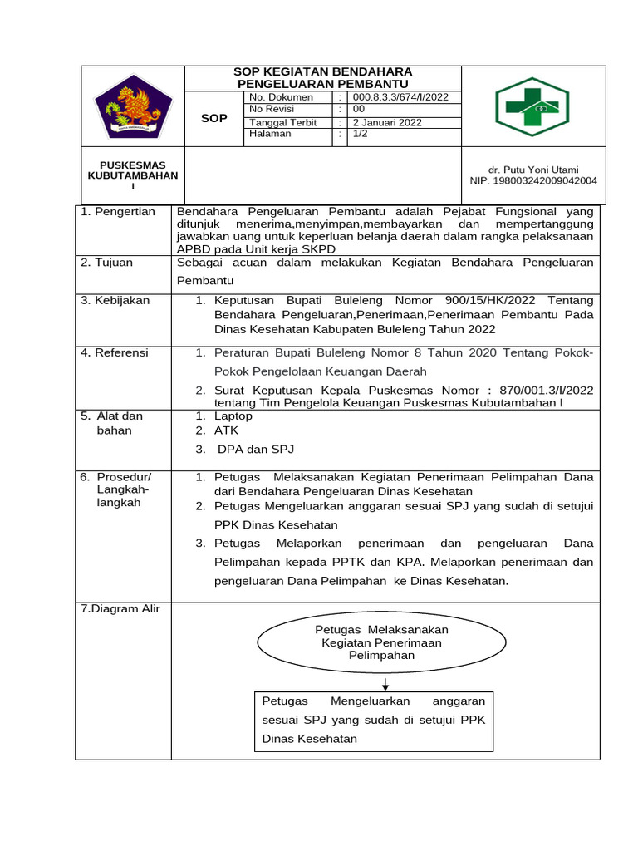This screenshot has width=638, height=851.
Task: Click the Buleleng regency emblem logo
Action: coord(133,106)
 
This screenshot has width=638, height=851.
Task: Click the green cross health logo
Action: coord(532,106)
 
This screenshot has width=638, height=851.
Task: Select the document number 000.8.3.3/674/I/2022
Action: coord(400,97)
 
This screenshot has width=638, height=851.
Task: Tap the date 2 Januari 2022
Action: coord(387,122)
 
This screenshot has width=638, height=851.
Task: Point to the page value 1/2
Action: coord(362,134)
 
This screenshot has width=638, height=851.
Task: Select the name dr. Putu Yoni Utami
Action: coord(535,170)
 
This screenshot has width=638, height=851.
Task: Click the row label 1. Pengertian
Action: coord(118,212)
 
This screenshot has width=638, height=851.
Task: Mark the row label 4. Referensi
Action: coord(115,352)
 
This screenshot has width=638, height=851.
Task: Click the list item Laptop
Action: coord(233,416)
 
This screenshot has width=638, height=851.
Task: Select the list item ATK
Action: coord(226,430)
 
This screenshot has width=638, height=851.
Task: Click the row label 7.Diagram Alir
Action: coord(120,608)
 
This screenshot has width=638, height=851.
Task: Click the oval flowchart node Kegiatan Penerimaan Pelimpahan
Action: coord(381,643)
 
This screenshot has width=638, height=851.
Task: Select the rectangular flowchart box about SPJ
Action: coord(373,719)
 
